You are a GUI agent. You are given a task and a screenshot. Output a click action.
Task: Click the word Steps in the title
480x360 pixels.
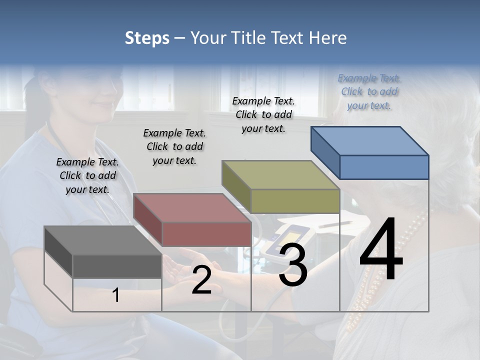click(147, 38)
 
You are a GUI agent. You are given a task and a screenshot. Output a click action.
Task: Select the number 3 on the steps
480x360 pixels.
click(293, 265)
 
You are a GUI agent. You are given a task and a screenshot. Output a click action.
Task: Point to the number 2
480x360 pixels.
click(201, 280)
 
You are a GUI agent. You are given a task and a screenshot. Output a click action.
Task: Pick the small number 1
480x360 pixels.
click(116, 295)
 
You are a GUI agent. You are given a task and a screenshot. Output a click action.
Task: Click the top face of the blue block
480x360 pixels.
click(369, 141)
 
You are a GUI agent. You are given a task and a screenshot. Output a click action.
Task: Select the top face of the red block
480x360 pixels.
click(192, 208)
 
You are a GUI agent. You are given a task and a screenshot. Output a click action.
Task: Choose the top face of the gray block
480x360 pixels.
click(102, 240)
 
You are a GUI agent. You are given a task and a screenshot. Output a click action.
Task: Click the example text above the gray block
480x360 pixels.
click(87, 175)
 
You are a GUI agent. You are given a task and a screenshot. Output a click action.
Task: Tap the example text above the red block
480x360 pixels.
click(174, 146)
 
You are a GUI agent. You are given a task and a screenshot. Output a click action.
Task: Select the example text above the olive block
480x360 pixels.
click(263, 114)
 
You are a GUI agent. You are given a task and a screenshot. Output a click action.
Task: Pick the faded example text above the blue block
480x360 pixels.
click(369, 91)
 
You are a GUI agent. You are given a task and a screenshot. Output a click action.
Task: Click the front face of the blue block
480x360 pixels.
click(384, 167)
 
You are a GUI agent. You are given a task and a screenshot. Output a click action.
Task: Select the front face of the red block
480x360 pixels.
click(206, 234)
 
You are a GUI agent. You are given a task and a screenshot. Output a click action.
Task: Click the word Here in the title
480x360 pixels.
click(328, 38)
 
